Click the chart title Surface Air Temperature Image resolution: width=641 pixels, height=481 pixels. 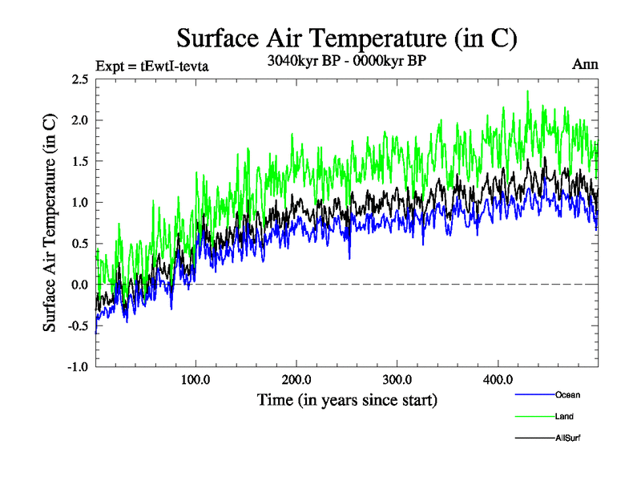click(346, 38)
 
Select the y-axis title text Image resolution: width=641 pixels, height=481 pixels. click(50, 223)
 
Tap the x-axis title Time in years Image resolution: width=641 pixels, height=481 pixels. click(347, 399)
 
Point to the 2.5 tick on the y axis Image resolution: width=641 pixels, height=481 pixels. click(79, 79)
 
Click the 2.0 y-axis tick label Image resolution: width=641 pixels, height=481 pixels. click(79, 120)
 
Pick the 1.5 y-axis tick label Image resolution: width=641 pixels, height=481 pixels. click(79, 161)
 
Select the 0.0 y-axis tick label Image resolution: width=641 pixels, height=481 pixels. click(79, 285)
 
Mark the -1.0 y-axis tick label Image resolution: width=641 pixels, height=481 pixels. click(77, 366)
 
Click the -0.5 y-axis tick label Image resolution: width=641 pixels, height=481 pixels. click(77, 325)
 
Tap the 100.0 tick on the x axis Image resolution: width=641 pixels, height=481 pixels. click(196, 379)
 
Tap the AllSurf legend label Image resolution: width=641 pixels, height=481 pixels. click(567, 438)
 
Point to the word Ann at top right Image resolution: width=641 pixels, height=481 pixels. click(585, 63)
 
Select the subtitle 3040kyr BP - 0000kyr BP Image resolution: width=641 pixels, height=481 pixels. click(346, 61)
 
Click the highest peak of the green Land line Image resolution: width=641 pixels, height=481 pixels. click(527, 91)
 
